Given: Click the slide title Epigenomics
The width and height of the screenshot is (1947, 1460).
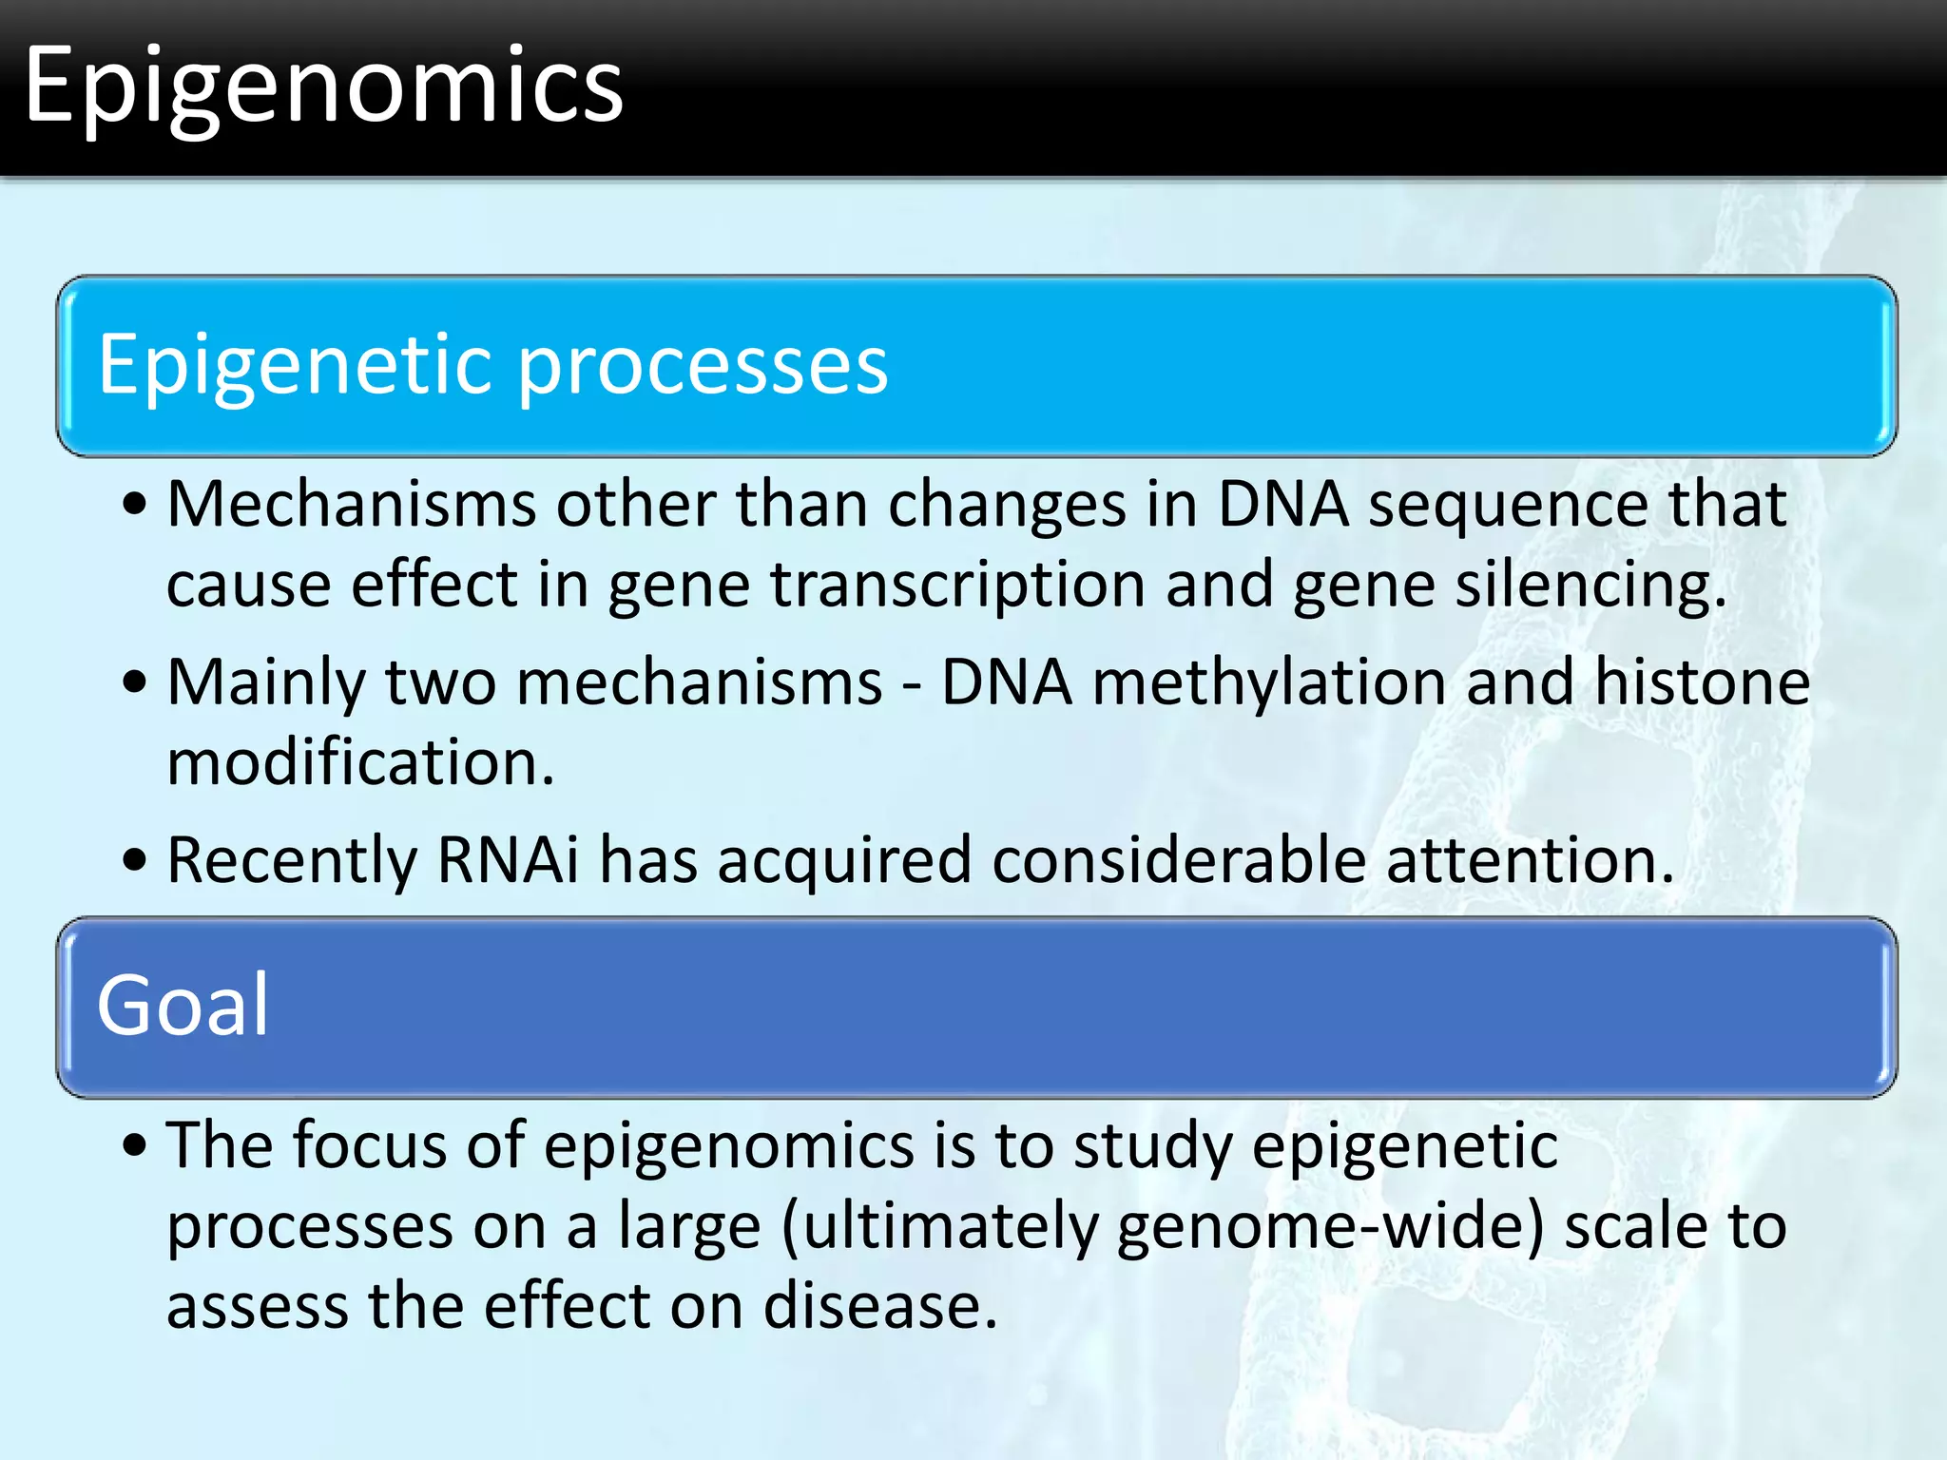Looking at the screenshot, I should tap(323, 87).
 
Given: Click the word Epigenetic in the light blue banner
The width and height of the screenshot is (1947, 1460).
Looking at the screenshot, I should tap(295, 366).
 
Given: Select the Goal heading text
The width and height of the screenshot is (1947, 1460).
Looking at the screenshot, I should tap(183, 1006).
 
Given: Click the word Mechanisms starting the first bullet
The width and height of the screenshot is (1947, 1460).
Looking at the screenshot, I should tap(352, 504).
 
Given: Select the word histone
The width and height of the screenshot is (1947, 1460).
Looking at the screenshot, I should tap(1702, 682).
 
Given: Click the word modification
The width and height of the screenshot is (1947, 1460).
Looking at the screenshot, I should tap(359, 762).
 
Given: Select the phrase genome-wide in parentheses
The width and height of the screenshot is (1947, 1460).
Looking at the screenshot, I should tap(1329, 1226).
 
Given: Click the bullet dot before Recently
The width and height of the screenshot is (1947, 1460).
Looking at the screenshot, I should tap(135, 860).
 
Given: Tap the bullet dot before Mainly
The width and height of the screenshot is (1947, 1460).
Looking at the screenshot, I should tap(135, 682).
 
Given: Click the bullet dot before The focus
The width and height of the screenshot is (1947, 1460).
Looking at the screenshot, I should tap(135, 1145).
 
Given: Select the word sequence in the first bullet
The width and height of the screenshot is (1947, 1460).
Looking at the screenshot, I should tap(1508, 504).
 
